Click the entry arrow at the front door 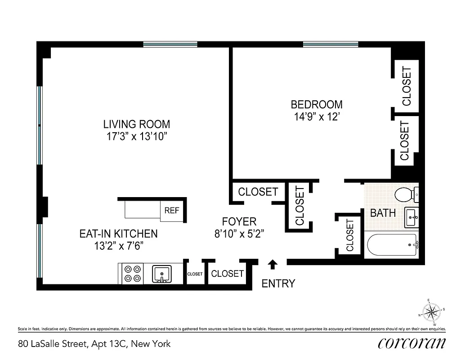coord(273,264)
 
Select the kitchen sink coord(161,273)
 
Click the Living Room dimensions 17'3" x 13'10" coord(136,136)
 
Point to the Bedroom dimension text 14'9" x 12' coord(317,116)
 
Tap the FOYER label coord(239,221)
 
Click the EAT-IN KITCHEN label coord(118,234)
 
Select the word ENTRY coord(278,283)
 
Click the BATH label coord(383,213)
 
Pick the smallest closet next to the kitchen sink coord(195,274)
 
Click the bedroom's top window coord(331,44)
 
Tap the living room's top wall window coord(170,44)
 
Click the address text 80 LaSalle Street coord(94,344)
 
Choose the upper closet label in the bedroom coord(407,86)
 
